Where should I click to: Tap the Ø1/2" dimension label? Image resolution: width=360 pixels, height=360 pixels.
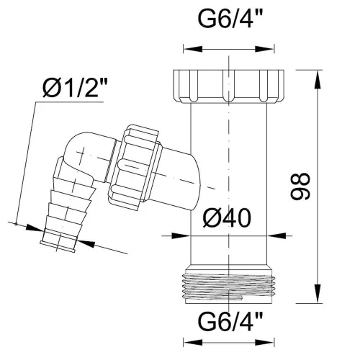point(75,89)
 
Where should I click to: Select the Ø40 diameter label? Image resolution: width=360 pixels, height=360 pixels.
point(227,218)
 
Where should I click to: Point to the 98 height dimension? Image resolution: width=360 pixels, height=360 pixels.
point(300,186)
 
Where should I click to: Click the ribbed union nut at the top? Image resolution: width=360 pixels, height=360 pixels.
point(228,86)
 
